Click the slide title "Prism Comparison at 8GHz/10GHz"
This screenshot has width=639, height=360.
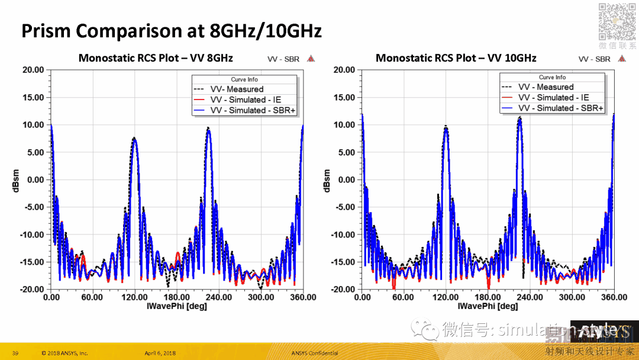tap(172, 31)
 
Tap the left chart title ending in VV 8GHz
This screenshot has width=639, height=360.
tap(156, 58)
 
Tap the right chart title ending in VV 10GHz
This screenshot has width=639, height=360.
tap(456, 58)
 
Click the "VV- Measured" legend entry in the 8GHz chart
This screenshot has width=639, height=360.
tap(237, 89)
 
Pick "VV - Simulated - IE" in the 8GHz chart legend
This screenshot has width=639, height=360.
tap(243, 99)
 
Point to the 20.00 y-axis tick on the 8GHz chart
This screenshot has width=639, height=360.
tap(33, 70)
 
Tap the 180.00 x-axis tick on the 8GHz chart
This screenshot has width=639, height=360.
tap(177, 298)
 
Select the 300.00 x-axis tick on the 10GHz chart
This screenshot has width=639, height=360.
tap(572, 298)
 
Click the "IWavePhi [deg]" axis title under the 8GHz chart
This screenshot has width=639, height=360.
tap(176, 307)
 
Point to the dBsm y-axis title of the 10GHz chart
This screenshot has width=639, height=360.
tap(327, 181)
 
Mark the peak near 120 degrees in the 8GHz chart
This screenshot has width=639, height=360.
tap(135, 139)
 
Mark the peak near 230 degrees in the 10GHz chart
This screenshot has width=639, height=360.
tap(519, 118)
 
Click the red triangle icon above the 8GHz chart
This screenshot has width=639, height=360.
tap(311, 59)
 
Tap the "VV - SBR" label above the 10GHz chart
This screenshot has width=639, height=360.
tap(594, 59)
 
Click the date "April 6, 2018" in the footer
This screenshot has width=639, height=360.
tap(160, 353)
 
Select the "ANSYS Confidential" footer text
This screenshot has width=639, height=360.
tap(316, 353)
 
